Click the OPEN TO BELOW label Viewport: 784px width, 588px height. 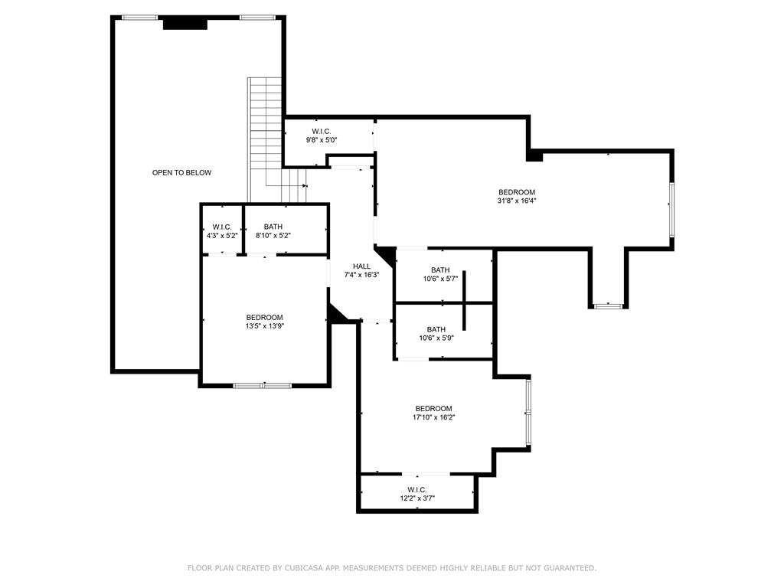[181, 173]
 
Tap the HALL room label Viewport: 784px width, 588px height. [361, 266]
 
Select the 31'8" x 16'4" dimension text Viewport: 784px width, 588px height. [517, 201]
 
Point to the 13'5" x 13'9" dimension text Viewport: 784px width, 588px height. [264, 326]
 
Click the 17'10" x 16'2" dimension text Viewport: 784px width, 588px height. [433, 417]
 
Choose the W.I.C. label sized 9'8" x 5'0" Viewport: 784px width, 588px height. [321, 132]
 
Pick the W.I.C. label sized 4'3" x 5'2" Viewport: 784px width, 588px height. [222, 227]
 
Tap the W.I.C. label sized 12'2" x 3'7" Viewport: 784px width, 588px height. [416, 490]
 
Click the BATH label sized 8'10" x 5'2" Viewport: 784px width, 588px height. [273, 227]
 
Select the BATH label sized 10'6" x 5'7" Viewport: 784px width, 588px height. [440, 270]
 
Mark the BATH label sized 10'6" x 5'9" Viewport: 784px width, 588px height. [436, 330]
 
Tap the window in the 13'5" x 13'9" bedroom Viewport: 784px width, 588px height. [263, 385]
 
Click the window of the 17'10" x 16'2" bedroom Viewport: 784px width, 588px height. [528, 412]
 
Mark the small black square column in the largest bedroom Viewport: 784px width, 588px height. [534, 155]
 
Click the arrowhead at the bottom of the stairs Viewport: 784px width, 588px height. [305, 185]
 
